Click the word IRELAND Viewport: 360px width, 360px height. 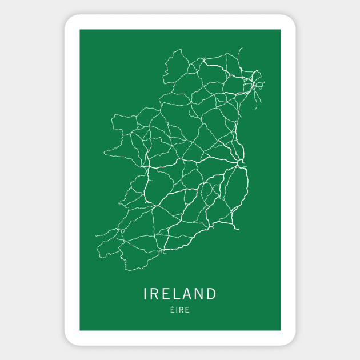click(180, 294)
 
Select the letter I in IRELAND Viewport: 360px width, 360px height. click(145, 294)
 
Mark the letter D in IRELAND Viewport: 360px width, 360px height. click(212, 294)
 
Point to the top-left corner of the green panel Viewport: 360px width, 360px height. click(79, 30)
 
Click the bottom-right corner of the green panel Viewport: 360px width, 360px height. click(280, 330)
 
